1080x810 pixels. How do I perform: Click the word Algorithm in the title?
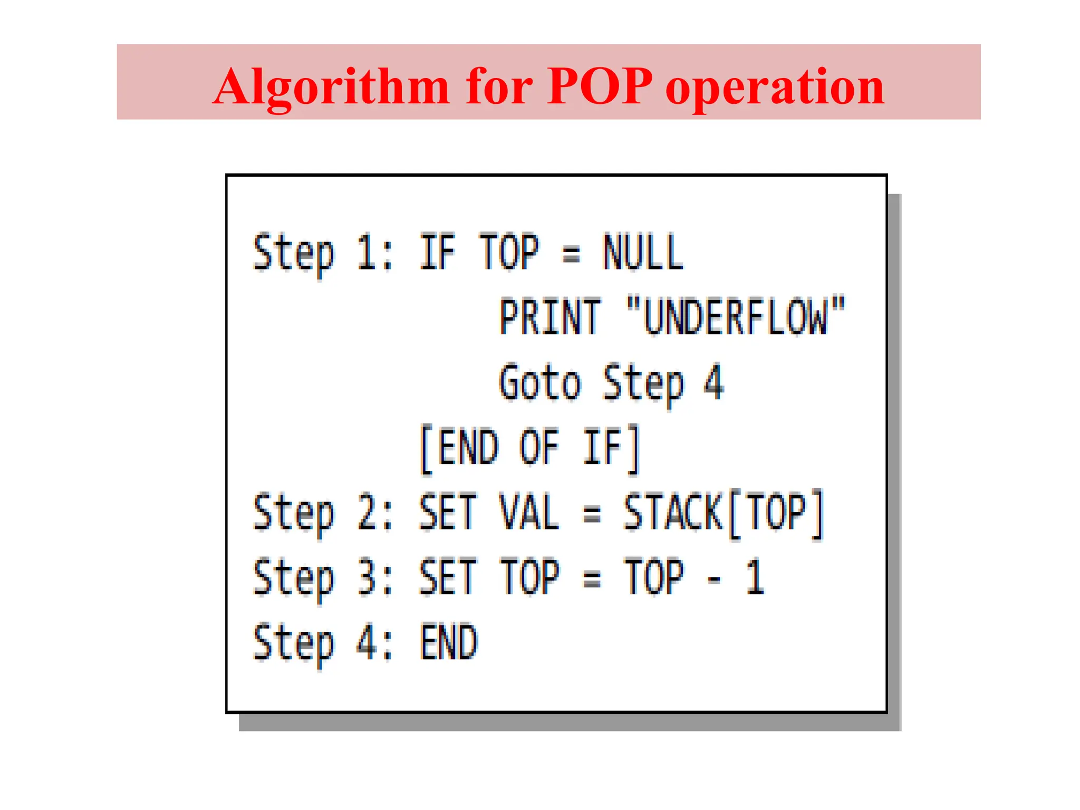click(x=331, y=87)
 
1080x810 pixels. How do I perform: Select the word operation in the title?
click(x=775, y=87)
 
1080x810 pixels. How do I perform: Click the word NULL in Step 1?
click(x=643, y=253)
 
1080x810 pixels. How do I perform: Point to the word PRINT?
click(x=550, y=317)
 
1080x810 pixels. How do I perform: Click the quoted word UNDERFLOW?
click(x=736, y=317)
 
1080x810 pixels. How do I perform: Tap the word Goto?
click(x=540, y=382)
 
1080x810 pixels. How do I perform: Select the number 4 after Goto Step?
click(x=713, y=382)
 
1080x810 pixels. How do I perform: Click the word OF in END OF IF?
click(x=539, y=448)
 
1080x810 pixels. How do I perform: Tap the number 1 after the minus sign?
click(x=755, y=577)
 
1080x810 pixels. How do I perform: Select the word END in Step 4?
click(x=449, y=642)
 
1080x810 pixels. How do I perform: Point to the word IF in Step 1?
click(x=437, y=253)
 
